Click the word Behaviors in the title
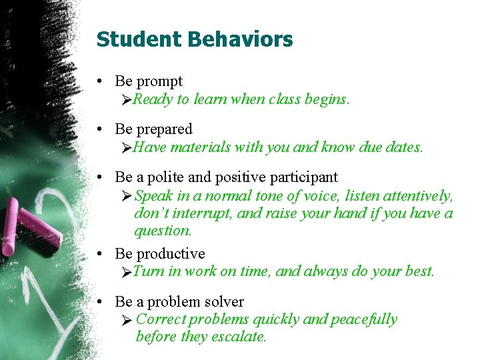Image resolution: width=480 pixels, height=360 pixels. (240, 39)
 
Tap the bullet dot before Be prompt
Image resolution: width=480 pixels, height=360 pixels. (99, 81)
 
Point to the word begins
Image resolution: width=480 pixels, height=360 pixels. (327, 99)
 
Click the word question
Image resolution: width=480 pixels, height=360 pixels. (163, 231)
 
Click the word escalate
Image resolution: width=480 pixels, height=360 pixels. (239, 337)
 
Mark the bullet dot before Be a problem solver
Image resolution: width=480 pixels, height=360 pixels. (99, 302)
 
